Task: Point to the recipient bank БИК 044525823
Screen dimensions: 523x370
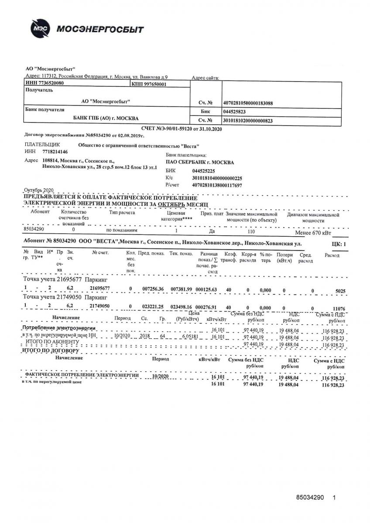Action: (x=236, y=112)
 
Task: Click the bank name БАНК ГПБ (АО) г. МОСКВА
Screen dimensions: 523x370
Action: (x=106, y=118)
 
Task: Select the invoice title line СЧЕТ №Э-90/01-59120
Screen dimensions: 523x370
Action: (x=182, y=129)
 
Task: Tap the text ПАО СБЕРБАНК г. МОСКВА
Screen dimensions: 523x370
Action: (x=200, y=163)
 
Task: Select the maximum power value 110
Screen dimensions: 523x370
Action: (x=250, y=232)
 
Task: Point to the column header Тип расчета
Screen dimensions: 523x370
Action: (x=122, y=213)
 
